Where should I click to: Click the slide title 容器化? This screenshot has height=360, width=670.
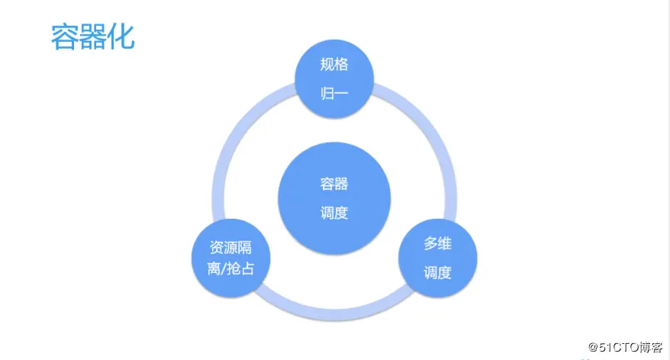pyautogui.click(x=92, y=36)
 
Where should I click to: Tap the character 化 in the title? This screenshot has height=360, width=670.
pyautogui.click(x=121, y=36)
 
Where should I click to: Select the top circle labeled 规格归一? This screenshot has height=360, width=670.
pyautogui.click(x=334, y=79)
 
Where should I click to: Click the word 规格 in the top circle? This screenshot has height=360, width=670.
pyautogui.click(x=334, y=65)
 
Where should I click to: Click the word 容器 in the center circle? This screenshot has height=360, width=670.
pyautogui.click(x=334, y=184)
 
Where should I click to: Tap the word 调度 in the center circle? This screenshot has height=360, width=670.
pyautogui.click(x=334, y=213)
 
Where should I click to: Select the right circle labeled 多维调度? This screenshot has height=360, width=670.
pyautogui.click(x=438, y=259)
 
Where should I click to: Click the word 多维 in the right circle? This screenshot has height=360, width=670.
pyautogui.click(x=438, y=244)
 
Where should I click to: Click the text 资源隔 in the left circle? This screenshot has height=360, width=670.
pyautogui.click(x=230, y=248)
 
